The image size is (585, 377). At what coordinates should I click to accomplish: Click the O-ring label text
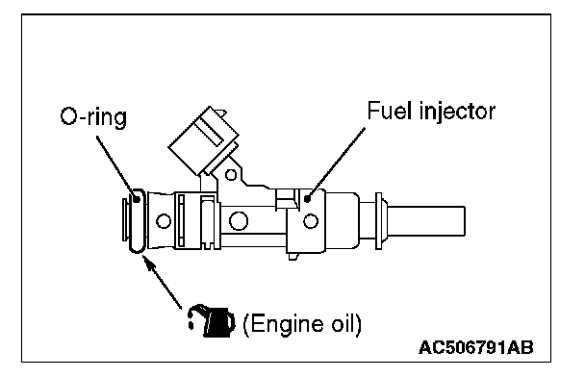click(x=93, y=116)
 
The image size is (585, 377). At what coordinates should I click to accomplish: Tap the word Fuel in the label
click(x=390, y=111)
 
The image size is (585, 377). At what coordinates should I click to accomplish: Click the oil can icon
click(x=212, y=321)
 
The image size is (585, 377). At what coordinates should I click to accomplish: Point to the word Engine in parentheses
click(x=285, y=324)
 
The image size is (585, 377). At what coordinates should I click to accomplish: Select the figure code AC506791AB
click(x=475, y=347)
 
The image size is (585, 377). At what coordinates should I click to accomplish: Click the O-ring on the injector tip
click(x=137, y=221)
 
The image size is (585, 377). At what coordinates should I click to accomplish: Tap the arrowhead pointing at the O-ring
click(x=149, y=264)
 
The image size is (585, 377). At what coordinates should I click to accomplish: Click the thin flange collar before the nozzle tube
click(x=378, y=221)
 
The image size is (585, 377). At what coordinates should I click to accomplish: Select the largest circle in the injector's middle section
click(x=239, y=221)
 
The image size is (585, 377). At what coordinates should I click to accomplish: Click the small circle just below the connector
click(x=231, y=174)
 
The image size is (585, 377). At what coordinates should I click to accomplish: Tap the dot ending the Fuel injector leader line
click(x=308, y=199)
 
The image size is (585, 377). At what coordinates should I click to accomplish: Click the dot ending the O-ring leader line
click(x=137, y=199)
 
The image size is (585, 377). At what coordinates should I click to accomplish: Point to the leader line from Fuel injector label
click(x=336, y=163)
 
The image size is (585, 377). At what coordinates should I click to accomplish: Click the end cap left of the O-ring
click(x=125, y=220)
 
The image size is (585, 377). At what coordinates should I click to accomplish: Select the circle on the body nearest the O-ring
click(x=163, y=221)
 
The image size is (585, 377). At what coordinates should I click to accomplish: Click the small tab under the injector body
click(x=293, y=257)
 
